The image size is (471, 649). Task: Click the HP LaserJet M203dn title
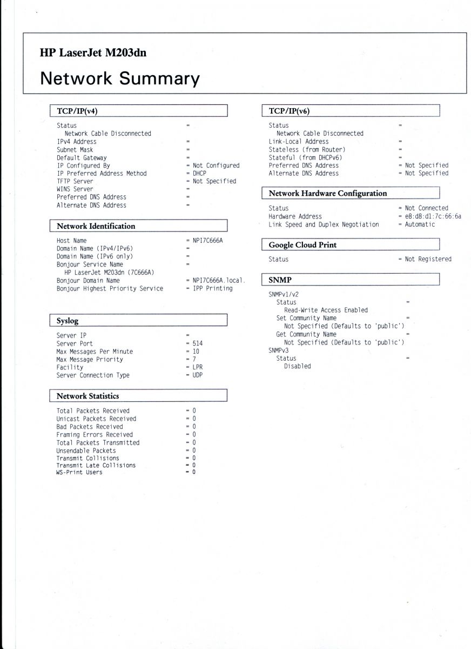tap(93, 53)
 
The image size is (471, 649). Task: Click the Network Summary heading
tap(120, 78)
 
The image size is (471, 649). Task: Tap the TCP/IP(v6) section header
tap(289, 111)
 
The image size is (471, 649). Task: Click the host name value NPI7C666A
tap(207, 240)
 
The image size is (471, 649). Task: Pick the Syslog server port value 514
tap(198, 343)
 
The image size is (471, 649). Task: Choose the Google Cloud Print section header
tap(302, 245)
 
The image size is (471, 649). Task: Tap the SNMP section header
tap(280, 280)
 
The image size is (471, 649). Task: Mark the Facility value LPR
tap(198, 367)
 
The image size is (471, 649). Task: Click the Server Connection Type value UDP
tap(198, 375)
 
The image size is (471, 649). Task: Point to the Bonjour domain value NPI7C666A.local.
tap(219, 281)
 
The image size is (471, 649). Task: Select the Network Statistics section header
tap(88, 396)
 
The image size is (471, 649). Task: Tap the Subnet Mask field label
tap(75, 150)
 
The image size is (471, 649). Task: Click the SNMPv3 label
tap(279, 350)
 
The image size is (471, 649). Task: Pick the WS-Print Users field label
tap(79, 472)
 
